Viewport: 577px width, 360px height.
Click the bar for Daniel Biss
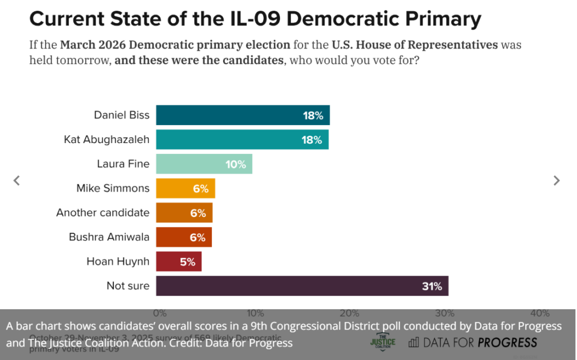click(x=242, y=115)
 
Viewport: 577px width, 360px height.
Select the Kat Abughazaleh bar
click(x=242, y=140)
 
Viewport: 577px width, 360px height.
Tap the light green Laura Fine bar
click(x=203, y=164)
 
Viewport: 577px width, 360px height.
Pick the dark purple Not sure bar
click(x=302, y=286)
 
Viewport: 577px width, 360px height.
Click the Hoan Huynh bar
click(x=178, y=261)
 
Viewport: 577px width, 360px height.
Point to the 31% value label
click(x=432, y=286)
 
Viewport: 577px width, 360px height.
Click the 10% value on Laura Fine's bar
click(x=236, y=165)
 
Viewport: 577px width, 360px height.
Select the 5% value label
click(x=188, y=262)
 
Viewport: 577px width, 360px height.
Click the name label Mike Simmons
click(x=113, y=188)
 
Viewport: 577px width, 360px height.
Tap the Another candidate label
click(x=103, y=212)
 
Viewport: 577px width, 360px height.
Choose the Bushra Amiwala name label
click(x=109, y=237)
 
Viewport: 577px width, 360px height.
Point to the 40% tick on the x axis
click(x=540, y=313)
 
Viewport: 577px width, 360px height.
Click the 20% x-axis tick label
click(x=349, y=313)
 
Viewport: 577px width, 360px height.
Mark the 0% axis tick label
click(x=160, y=313)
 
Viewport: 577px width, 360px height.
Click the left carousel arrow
click(x=17, y=180)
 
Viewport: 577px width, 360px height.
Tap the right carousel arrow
click(x=557, y=180)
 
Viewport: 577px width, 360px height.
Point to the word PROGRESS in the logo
click(x=507, y=342)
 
